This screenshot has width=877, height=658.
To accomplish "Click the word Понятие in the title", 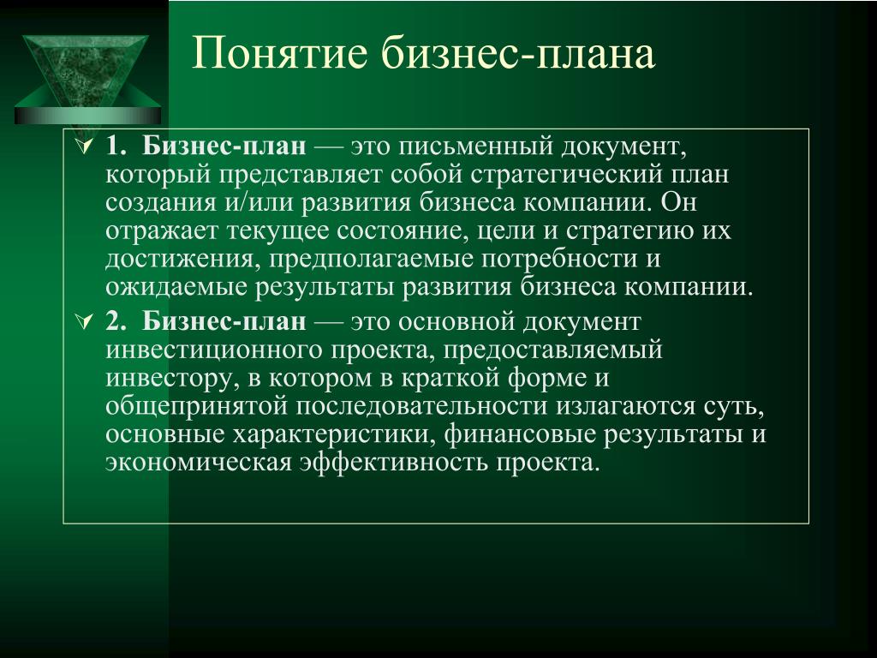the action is (x=280, y=53).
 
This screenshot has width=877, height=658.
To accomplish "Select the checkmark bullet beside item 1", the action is (x=85, y=147).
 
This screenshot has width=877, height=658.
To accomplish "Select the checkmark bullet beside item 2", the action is (x=85, y=322).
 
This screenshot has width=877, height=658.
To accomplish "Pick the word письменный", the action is (x=475, y=147).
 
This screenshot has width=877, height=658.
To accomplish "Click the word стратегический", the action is (x=566, y=175).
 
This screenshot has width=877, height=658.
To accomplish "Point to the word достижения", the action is (x=183, y=260).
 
